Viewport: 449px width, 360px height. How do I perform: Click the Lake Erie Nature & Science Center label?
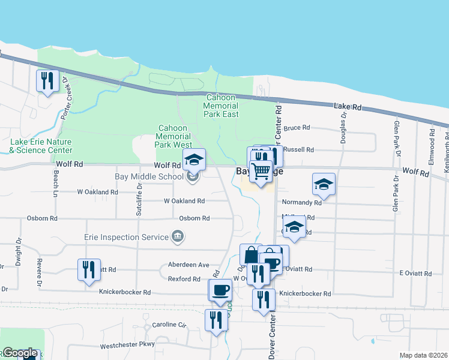click(41, 146)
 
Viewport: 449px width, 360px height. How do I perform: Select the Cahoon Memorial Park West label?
click(174, 136)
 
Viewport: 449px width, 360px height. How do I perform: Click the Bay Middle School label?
click(149, 177)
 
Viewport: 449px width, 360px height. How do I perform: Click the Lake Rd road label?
click(348, 107)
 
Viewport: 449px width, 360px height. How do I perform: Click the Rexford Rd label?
click(184, 279)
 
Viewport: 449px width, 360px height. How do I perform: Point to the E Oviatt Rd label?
click(415, 274)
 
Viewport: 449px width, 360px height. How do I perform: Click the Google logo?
click(20, 353)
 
